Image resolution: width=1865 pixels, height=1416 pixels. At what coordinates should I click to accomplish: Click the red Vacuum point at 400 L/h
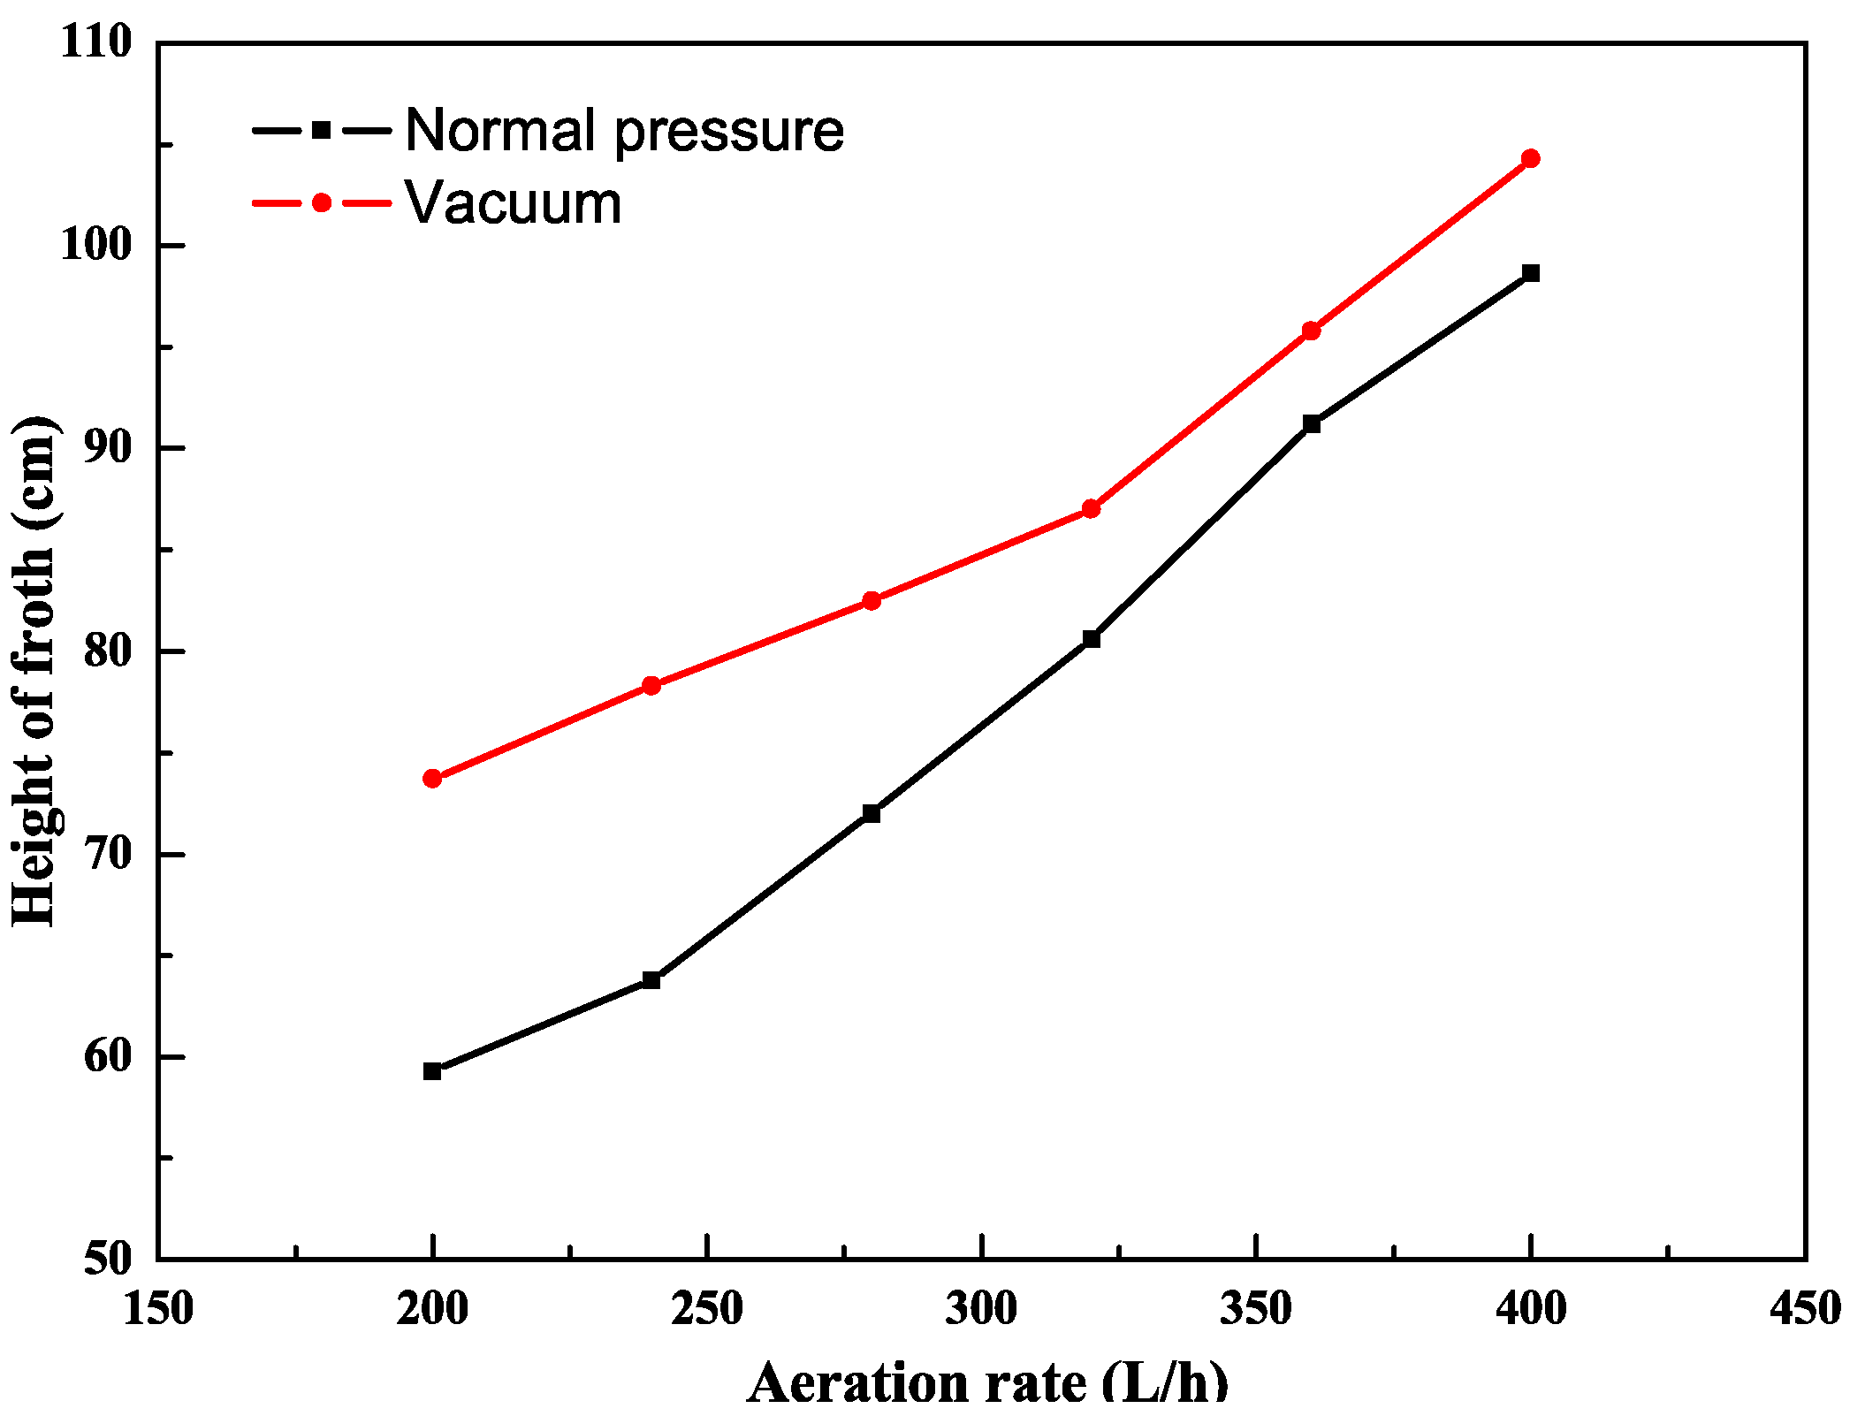coord(1531,159)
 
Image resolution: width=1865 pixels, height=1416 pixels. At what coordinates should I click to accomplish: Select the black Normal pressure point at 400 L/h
coord(1531,273)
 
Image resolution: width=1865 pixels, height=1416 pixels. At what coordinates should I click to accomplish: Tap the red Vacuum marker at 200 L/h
coord(432,779)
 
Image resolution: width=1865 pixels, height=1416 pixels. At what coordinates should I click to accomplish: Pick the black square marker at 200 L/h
coord(432,1071)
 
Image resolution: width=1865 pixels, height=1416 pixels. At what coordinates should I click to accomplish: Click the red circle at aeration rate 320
coord(1091,509)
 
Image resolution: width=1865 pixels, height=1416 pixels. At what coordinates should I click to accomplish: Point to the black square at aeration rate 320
coord(1091,638)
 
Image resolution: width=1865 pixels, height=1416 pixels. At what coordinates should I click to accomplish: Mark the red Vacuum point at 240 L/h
coord(651,685)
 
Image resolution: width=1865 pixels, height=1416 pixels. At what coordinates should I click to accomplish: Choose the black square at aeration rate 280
coord(872,813)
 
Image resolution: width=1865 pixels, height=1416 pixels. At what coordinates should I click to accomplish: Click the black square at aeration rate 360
coord(1312,424)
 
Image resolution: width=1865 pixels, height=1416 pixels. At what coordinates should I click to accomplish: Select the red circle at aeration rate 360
coord(1312,331)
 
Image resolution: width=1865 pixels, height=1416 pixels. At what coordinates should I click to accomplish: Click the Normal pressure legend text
coord(624,131)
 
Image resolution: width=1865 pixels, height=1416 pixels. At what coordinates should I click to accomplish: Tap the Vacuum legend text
coord(514,203)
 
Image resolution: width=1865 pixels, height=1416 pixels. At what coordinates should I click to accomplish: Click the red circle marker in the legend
coord(322,203)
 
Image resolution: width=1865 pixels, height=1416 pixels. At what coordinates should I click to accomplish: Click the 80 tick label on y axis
coord(107,651)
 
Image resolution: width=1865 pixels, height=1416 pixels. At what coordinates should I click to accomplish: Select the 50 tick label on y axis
coord(107,1259)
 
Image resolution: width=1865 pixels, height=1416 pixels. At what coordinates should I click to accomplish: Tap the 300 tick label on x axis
coord(981,1309)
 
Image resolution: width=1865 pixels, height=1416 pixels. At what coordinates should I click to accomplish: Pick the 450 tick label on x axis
coord(1805,1309)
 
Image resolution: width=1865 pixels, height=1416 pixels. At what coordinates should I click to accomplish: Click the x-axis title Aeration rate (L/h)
coord(987,1382)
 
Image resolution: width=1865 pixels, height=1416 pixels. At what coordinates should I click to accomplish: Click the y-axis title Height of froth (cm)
coord(34,672)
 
